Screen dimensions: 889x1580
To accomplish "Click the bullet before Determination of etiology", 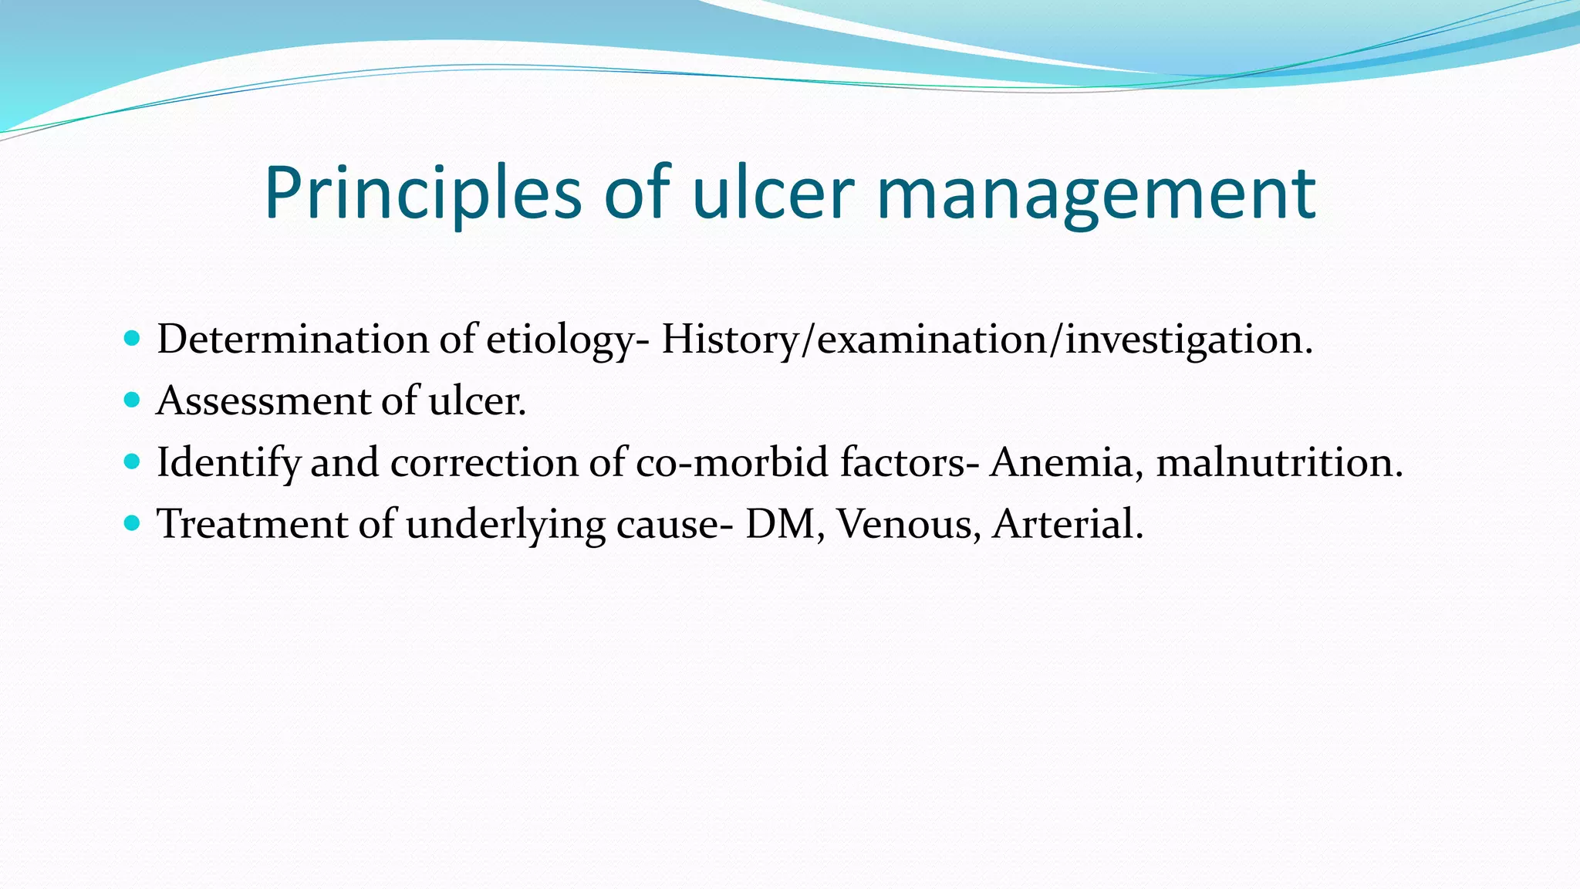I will [132, 338].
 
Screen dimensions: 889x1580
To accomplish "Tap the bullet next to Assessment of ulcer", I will [132, 400].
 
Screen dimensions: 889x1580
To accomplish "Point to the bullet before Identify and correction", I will [132, 461].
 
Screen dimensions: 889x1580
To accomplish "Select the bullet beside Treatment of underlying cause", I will [132, 523].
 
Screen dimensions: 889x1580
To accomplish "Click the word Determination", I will [293, 340].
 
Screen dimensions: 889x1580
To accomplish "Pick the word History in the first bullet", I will [729, 340].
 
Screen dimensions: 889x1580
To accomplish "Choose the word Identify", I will [228, 463].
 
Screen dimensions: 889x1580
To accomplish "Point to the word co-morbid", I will [732, 463].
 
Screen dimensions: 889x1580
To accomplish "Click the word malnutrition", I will [1278, 463].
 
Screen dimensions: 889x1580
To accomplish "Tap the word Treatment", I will [252, 525].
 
